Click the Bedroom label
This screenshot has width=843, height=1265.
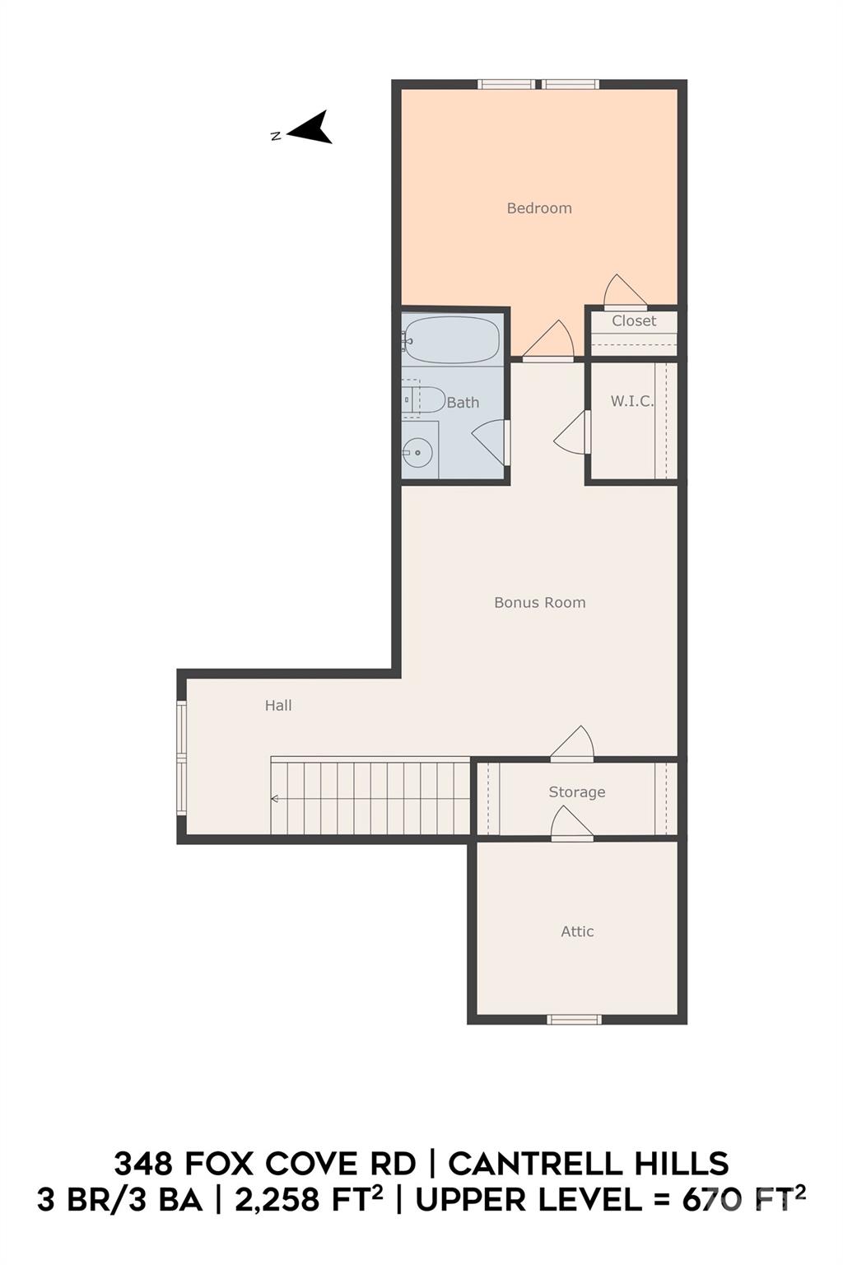point(539,208)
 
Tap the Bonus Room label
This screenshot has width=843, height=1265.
point(540,603)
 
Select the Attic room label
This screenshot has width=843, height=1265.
point(577,931)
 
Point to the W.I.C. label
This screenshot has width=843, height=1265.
point(631,402)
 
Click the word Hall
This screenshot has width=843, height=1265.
point(278,705)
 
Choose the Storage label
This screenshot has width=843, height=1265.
point(576,792)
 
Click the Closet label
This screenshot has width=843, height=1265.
point(634,320)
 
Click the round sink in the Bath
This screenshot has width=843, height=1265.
point(417,452)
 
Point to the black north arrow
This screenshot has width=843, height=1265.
point(310,128)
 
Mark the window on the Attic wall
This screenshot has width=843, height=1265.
point(574,1019)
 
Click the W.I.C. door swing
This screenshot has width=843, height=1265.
point(572,432)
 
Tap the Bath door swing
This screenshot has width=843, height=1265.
point(490,442)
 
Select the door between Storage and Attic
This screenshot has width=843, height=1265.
point(572,824)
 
